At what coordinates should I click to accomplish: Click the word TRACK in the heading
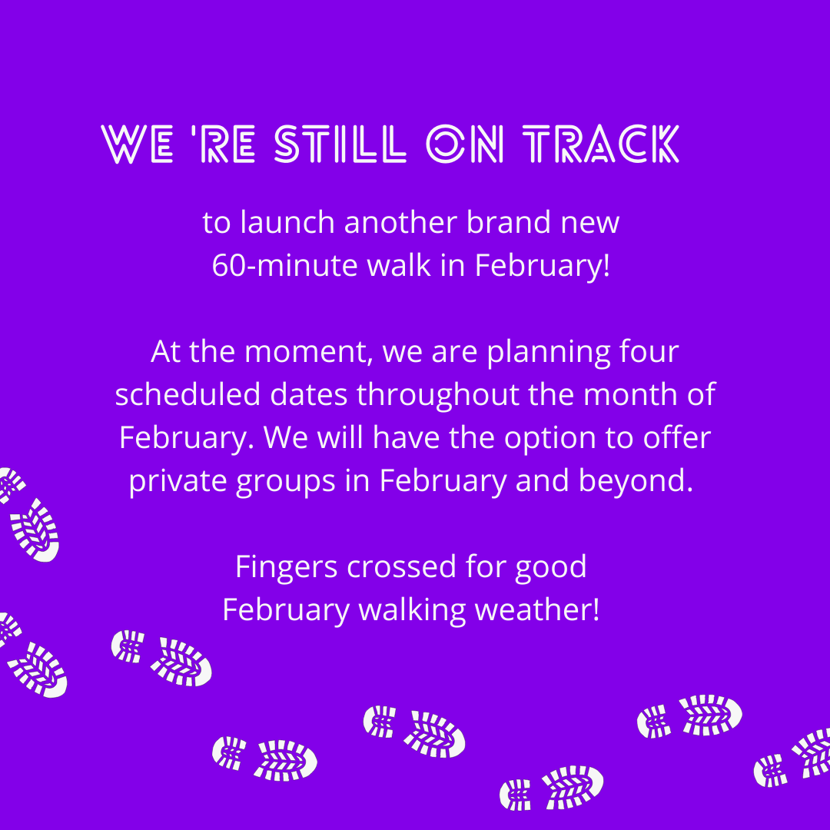point(601,144)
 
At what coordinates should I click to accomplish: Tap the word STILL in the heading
point(340,144)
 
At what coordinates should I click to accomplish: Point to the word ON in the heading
point(465,144)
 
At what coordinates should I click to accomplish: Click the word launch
point(287,222)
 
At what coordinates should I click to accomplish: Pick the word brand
point(508,222)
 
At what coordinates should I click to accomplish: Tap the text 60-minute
point(285,265)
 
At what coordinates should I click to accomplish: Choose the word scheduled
point(188,394)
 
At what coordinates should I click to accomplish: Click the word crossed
point(401,567)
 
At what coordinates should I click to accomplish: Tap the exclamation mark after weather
point(596,609)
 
